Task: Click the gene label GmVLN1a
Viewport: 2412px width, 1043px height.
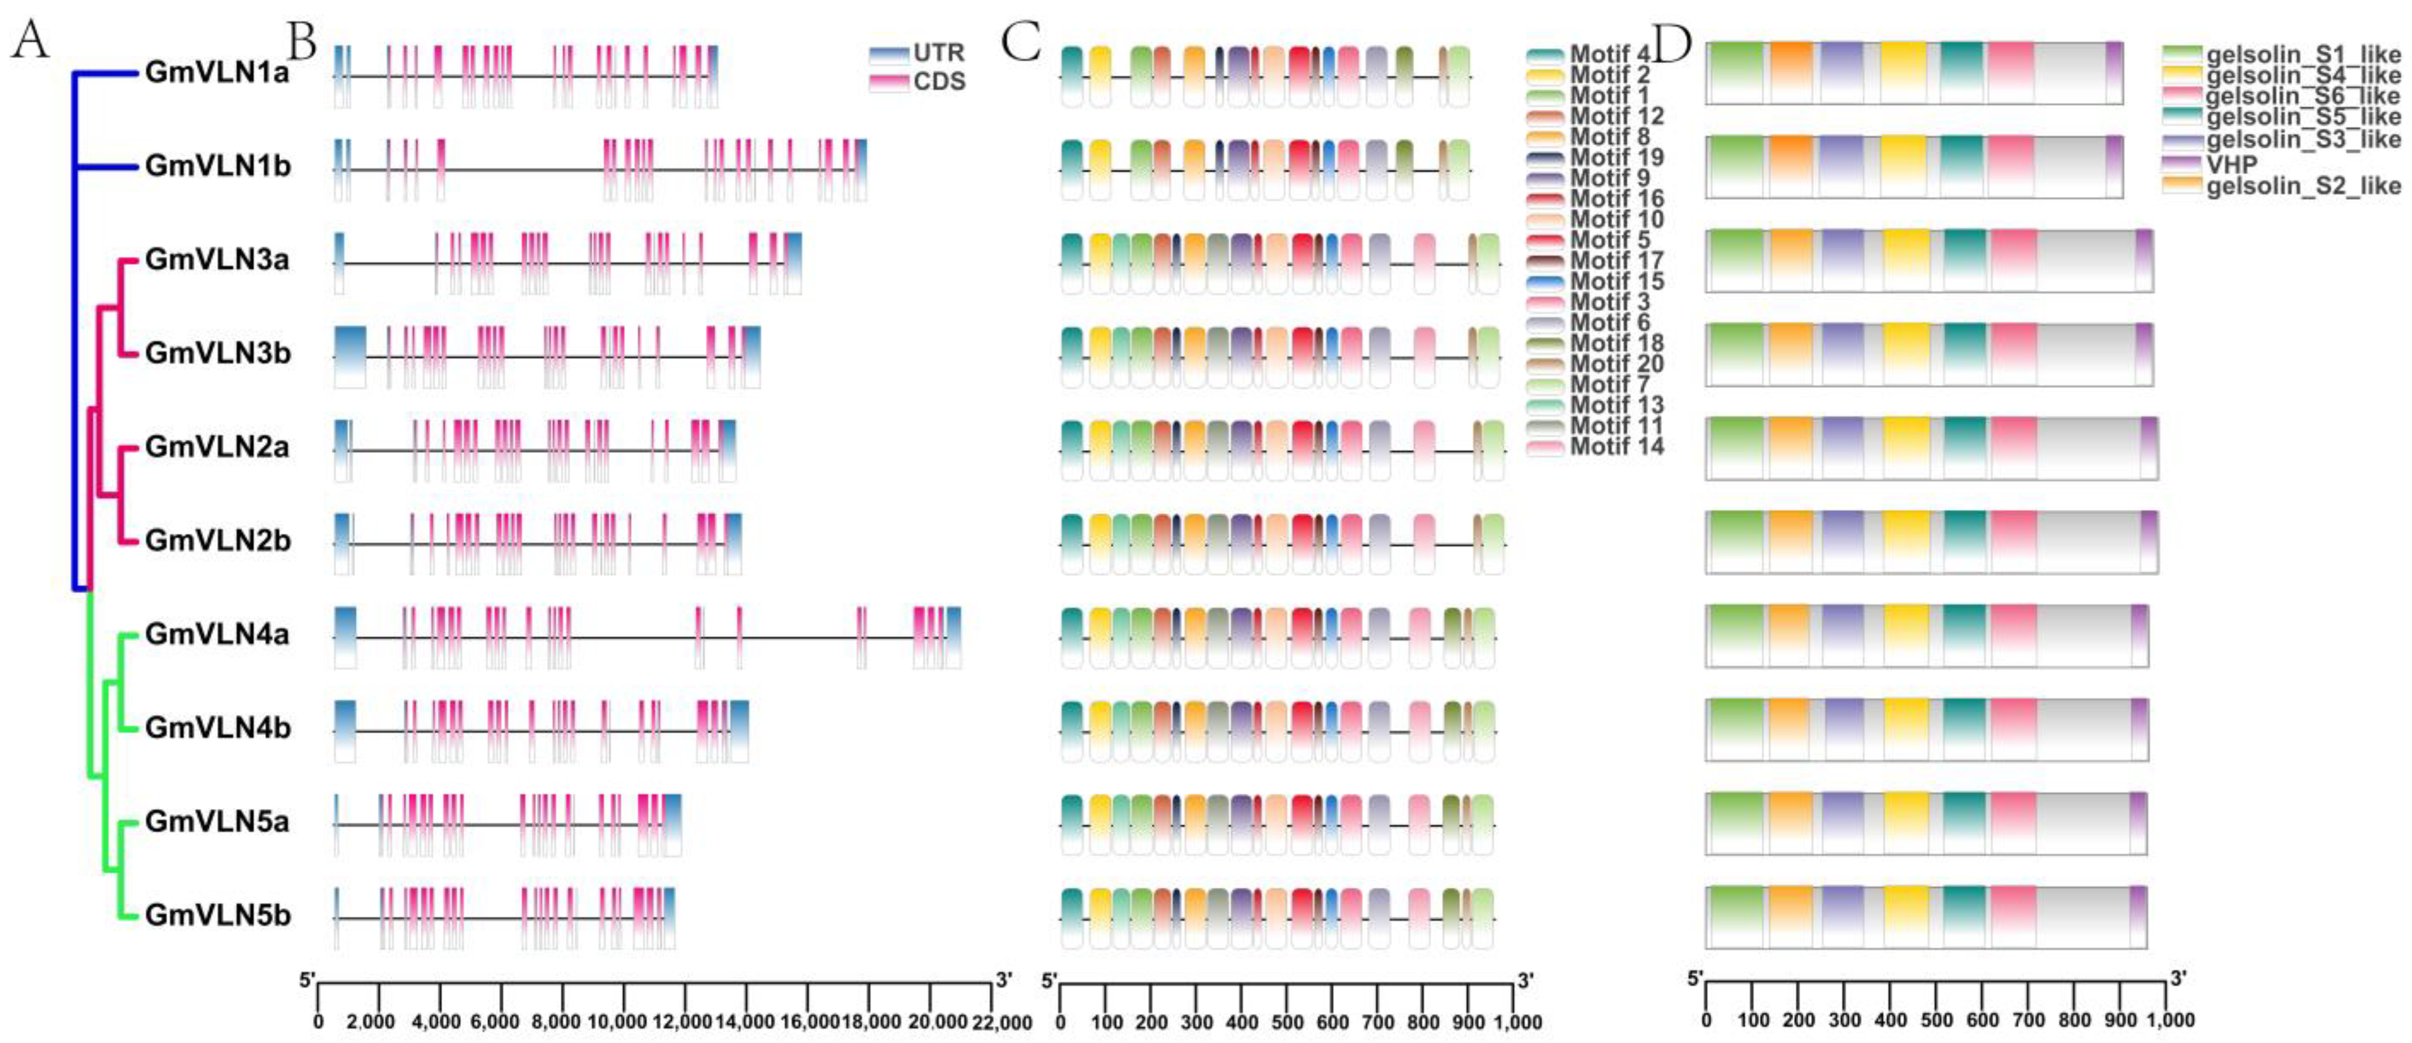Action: (x=217, y=73)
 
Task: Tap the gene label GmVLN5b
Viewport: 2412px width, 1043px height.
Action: (x=217, y=916)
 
